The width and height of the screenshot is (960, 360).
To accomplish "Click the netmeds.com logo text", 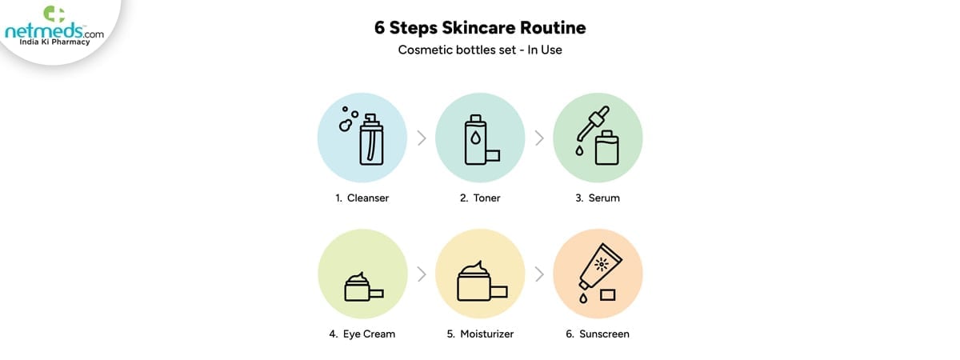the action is pyautogui.click(x=54, y=31).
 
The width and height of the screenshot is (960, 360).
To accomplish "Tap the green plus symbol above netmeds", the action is pyautogui.click(x=54, y=14).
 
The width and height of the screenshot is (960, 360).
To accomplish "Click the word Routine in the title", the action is pyautogui.click(x=553, y=27).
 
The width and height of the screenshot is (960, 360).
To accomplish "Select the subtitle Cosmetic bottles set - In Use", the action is pyautogui.click(x=480, y=50).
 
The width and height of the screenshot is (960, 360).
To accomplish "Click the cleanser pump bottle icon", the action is pyautogui.click(x=371, y=139).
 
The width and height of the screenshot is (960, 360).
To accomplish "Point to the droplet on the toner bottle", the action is pyautogui.click(x=475, y=138).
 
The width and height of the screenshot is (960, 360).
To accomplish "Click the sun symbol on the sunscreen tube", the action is pyautogui.click(x=602, y=265).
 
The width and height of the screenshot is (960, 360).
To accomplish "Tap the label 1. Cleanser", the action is pyautogui.click(x=362, y=198).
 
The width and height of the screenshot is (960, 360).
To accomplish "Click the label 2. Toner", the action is pyautogui.click(x=480, y=198).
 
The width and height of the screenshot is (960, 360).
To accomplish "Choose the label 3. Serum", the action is pyautogui.click(x=598, y=198).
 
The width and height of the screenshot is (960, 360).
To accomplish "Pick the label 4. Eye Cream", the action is pyautogui.click(x=362, y=334).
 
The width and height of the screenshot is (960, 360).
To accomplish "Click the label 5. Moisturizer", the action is pyautogui.click(x=480, y=334).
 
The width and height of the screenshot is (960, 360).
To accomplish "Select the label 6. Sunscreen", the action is pyautogui.click(x=598, y=334).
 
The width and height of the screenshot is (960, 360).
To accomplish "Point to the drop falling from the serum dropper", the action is pyautogui.click(x=579, y=150).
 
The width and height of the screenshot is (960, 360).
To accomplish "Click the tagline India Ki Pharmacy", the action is pyautogui.click(x=54, y=42).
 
